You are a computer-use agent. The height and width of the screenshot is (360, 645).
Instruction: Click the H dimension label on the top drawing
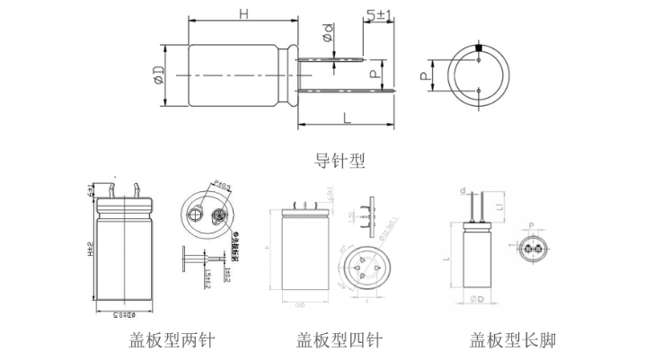coord(243,13)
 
